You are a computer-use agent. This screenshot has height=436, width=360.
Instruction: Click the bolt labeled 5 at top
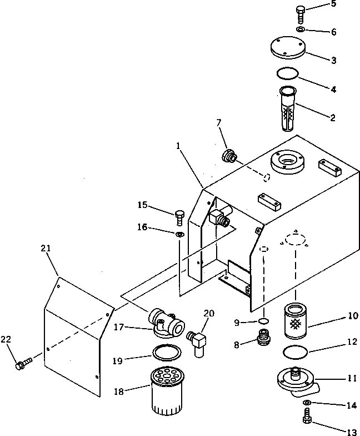click(x=300, y=15)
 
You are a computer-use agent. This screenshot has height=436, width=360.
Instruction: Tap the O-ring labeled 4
click(x=288, y=73)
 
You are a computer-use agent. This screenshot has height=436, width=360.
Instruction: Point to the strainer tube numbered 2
click(x=288, y=109)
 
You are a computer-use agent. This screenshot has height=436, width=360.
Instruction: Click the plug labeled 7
click(x=229, y=156)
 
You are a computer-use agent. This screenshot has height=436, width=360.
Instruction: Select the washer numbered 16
click(x=180, y=234)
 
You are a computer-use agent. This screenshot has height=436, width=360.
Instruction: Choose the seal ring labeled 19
click(x=167, y=353)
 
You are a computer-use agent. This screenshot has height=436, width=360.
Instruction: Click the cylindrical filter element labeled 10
click(x=296, y=321)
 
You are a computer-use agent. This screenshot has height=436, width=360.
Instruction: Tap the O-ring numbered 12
click(x=296, y=353)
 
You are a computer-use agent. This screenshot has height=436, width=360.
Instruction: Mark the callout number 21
click(x=46, y=248)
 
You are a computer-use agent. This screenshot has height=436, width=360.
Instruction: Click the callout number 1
click(x=178, y=146)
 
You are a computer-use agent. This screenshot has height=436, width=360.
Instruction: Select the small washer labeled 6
click(x=300, y=29)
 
